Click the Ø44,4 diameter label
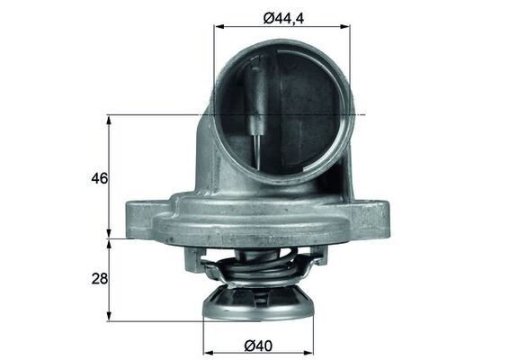281,14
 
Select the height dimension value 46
99,178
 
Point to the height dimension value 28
99,280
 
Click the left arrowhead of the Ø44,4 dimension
218,27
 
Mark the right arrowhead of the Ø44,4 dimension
346,27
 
